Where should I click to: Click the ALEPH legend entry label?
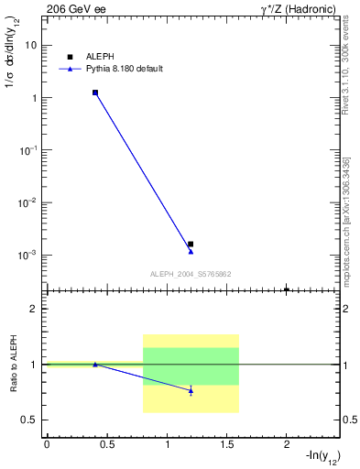point(99,57)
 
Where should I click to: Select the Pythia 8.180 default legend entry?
point(124,69)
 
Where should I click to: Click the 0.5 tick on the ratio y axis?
point(29,420)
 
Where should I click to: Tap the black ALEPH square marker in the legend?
point(70,57)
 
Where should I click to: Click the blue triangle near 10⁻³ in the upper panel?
point(191,251)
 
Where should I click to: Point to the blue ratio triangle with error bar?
point(191,390)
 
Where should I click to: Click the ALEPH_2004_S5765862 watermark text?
point(191,274)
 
